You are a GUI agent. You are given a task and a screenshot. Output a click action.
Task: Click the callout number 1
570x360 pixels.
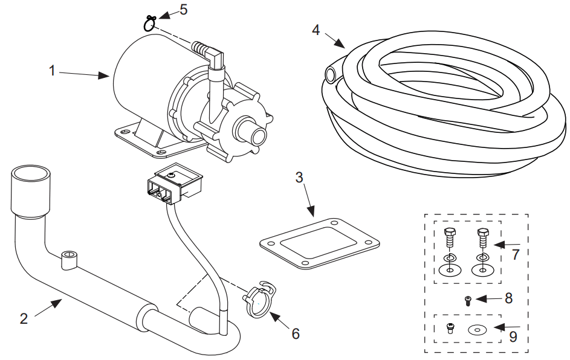point(53,71)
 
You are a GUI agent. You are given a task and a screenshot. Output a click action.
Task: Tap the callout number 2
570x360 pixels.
point(24,318)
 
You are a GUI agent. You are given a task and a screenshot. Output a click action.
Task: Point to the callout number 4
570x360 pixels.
point(316,29)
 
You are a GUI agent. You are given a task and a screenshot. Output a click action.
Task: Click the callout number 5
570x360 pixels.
point(184,10)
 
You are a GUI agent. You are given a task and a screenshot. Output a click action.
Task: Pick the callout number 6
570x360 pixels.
point(295,333)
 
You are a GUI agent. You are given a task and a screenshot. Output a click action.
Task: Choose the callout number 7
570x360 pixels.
point(516,254)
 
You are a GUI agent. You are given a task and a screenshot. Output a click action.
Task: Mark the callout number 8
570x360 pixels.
point(508,298)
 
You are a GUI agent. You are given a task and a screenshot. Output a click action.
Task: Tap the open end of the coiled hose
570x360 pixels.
point(331,75)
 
